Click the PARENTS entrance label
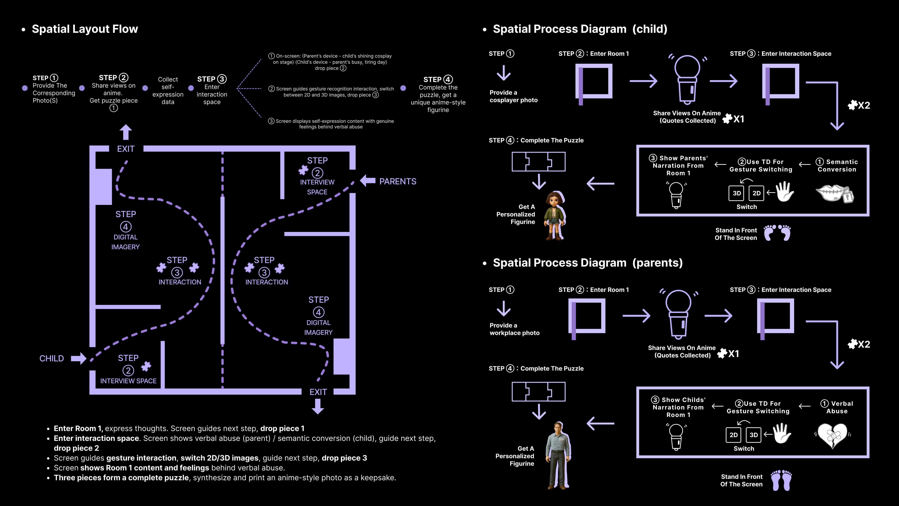click(x=398, y=181)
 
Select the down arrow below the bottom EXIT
click(x=318, y=406)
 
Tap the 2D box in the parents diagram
click(x=734, y=435)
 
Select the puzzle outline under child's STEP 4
click(x=538, y=162)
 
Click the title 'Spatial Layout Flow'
click(x=85, y=29)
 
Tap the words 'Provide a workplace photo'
click(x=514, y=329)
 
